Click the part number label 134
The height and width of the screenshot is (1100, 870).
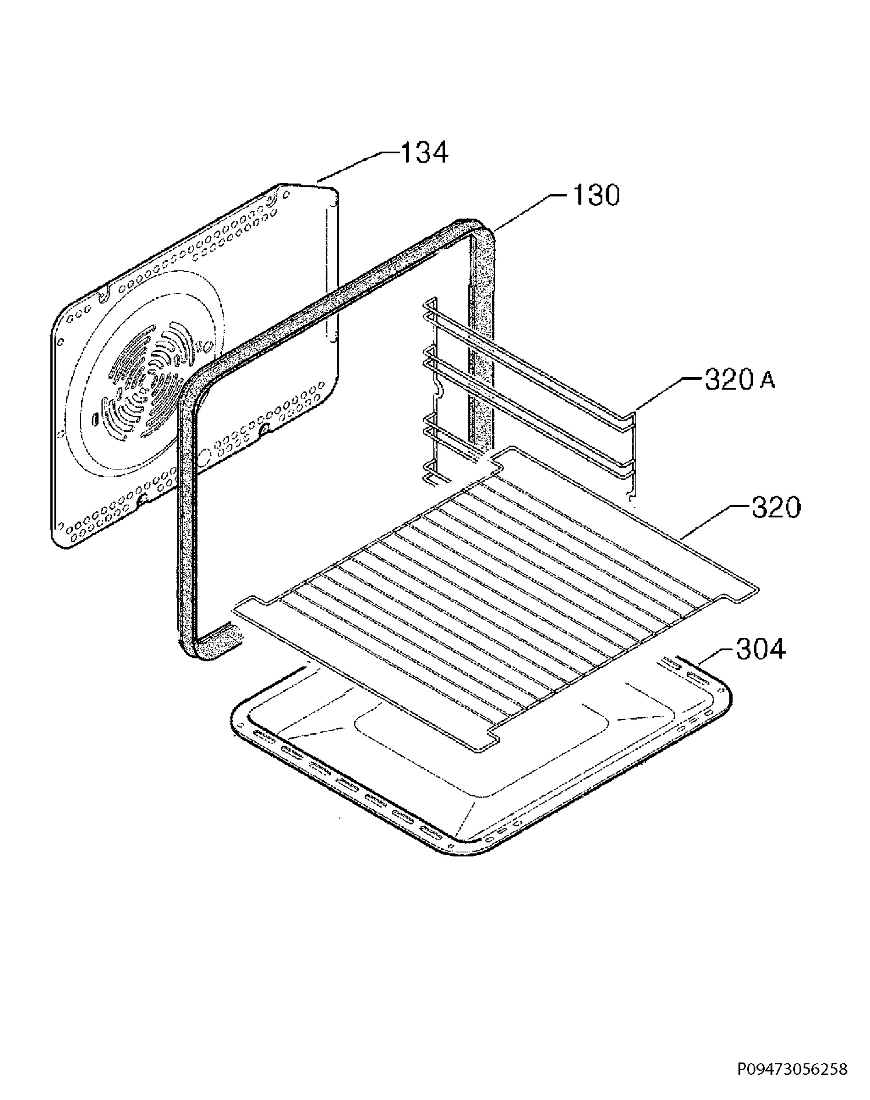[424, 153]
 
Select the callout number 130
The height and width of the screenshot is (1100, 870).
[596, 195]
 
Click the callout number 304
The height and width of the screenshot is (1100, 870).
[761, 649]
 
